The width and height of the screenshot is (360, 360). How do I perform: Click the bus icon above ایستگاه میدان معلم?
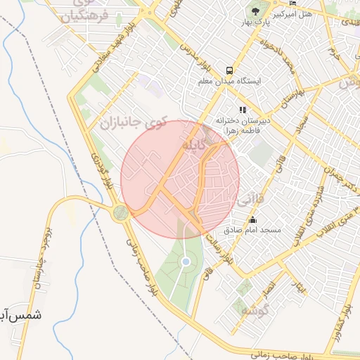coord(230,70)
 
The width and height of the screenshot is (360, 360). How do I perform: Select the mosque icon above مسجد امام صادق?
coord(253,220)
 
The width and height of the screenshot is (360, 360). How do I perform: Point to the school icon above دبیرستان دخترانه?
coord(243,110)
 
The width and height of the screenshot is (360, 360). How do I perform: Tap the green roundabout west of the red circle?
coord(121,211)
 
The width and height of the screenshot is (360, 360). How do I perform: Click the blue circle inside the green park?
coord(186,262)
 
